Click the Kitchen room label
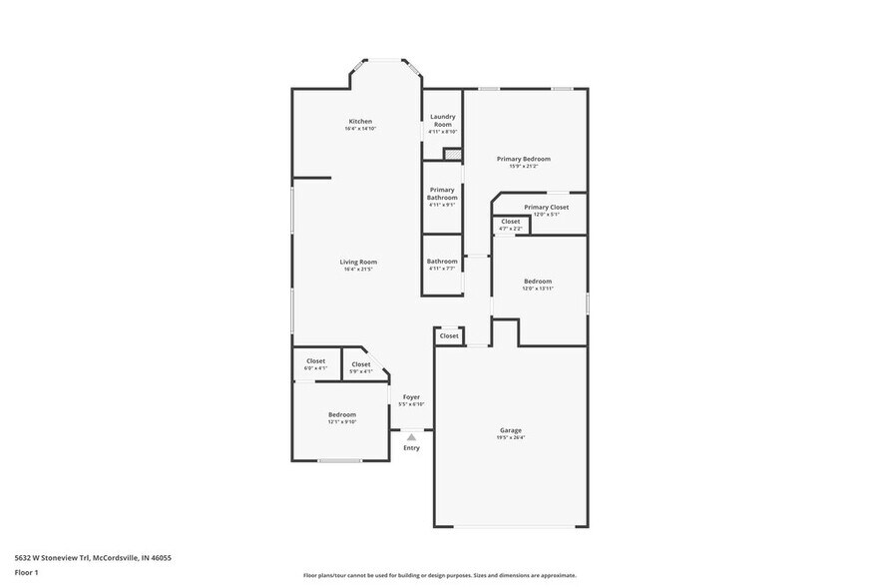360,122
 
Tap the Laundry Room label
442,120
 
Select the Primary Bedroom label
524,159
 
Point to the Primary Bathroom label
442,194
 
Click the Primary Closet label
546,207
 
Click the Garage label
511,430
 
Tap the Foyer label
411,397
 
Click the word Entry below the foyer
411,448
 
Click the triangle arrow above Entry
411,436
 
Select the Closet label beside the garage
449,335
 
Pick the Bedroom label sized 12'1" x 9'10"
342,414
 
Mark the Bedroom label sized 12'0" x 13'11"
538,282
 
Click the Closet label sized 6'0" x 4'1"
315,361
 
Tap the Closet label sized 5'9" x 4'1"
360,364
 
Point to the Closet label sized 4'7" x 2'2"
511,222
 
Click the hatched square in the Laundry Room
453,154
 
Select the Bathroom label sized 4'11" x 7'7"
442,262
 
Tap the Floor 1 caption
26,572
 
